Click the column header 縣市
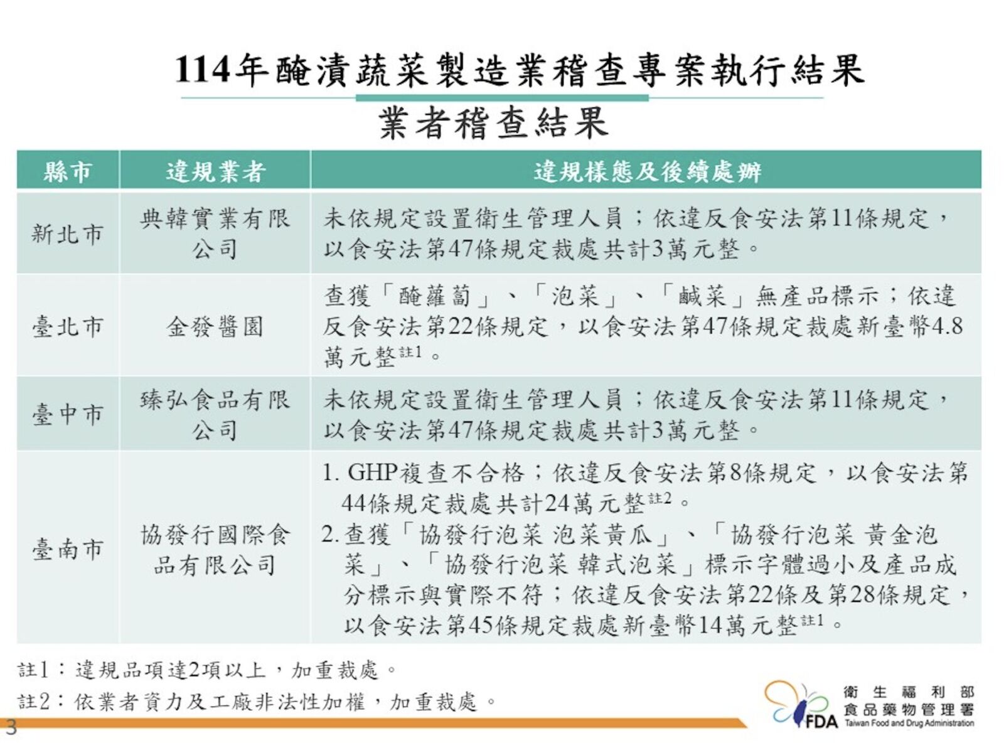(67, 171)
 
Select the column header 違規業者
(215, 171)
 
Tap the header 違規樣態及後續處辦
(648, 171)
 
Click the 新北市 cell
(67, 234)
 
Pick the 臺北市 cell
(67, 326)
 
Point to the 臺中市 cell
(67, 414)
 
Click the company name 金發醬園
(215, 326)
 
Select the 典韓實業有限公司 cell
(215, 234)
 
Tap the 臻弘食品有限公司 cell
(215, 414)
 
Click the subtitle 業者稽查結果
(494, 124)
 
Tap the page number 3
(10, 727)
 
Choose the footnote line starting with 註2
(257, 702)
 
